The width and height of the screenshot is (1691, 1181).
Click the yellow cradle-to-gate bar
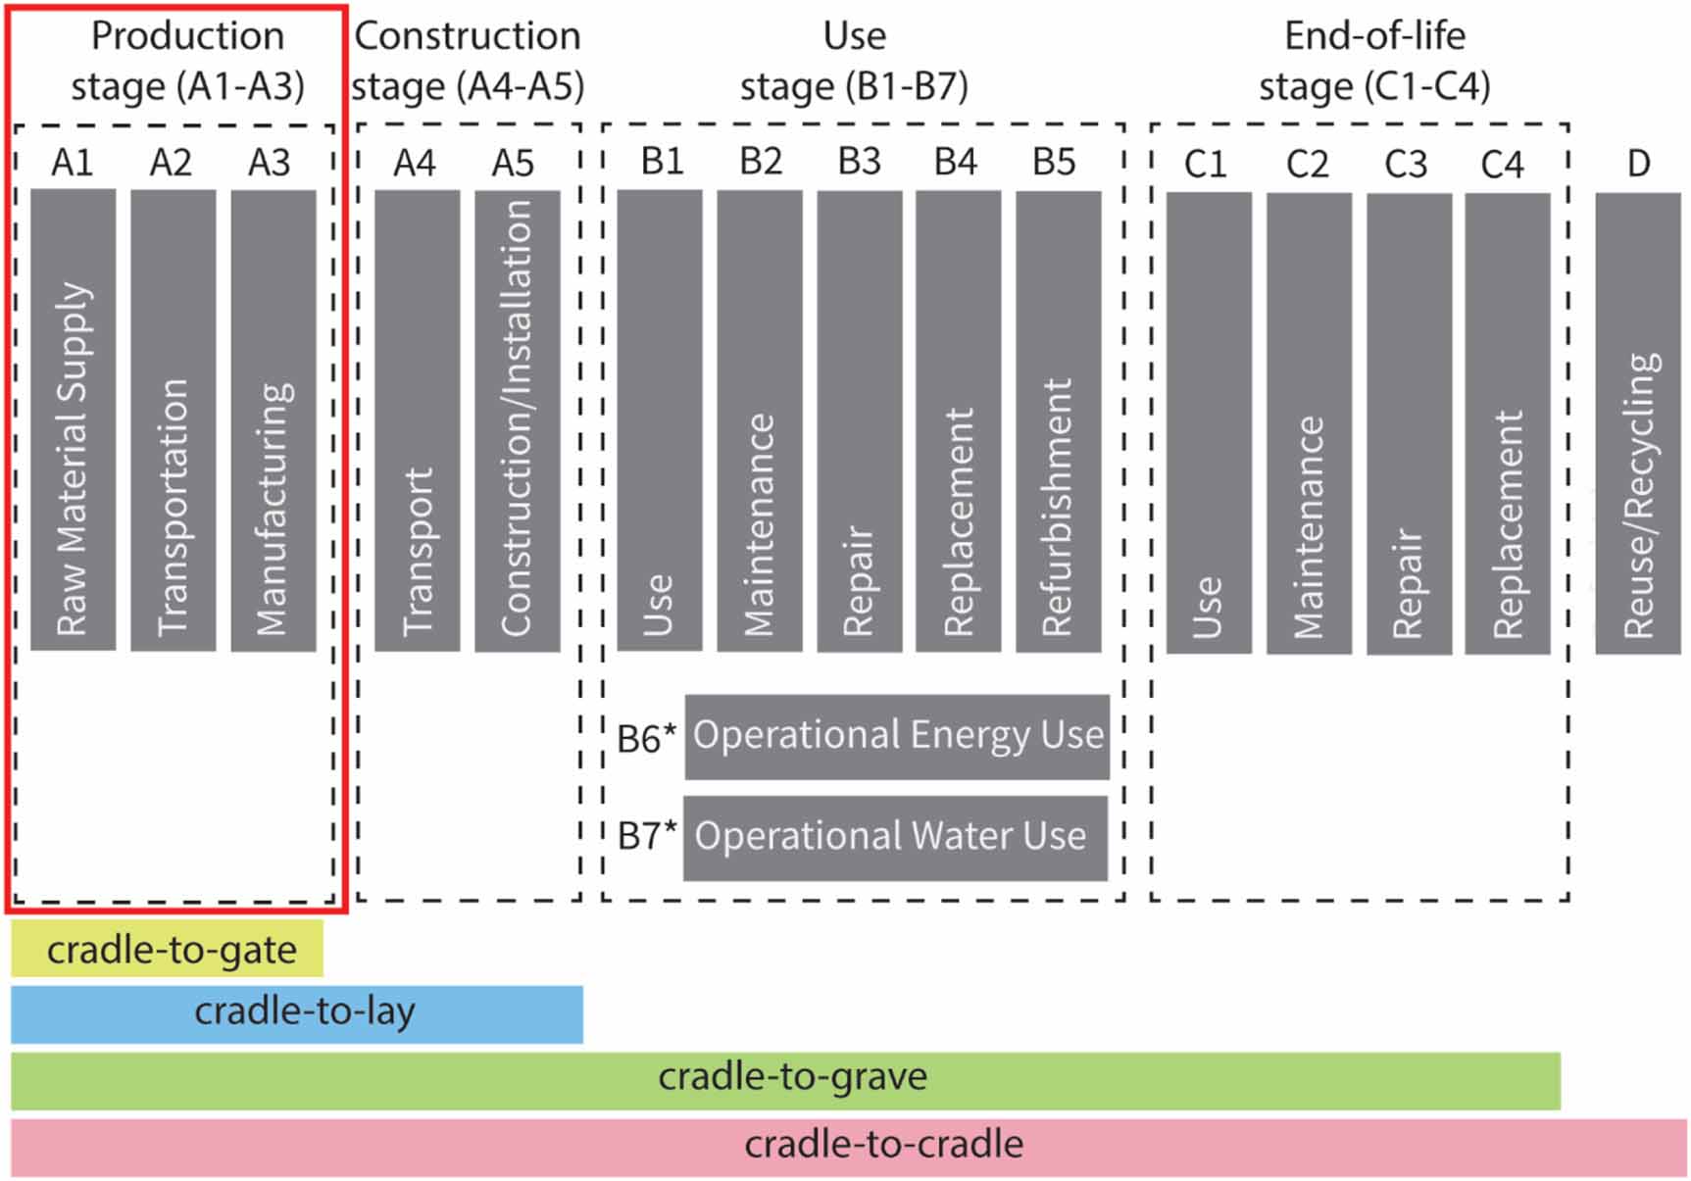click(x=167, y=948)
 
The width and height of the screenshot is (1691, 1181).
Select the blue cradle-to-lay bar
click(x=296, y=1013)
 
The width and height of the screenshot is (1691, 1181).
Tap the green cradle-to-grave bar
click(x=784, y=1080)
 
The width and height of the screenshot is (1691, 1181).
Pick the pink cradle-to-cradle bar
click(x=848, y=1147)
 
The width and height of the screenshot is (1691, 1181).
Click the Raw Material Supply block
click(x=74, y=419)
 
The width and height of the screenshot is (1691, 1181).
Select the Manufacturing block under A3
click(x=273, y=419)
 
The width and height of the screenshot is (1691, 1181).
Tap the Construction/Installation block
click(x=517, y=419)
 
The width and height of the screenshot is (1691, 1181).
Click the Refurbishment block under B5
click(x=1058, y=419)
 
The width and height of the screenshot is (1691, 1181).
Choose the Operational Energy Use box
click(x=897, y=737)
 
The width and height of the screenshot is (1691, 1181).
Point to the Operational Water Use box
click(x=895, y=837)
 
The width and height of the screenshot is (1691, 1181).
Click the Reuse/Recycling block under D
click(x=1637, y=422)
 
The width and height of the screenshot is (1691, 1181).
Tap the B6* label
click(x=646, y=738)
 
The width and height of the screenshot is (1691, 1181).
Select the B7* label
click(x=646, y=836)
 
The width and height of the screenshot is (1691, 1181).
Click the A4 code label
click(x=415, y=163)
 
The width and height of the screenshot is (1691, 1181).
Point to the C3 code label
click(x=1405, y=164)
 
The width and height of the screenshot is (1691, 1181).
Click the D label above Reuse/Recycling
click(x=1638, y=163)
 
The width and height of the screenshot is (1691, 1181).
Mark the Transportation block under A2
click(x=173, y=419)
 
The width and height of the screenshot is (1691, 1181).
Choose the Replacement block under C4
click(x=1507, y=422)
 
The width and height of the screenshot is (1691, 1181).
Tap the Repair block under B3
click(x=859, y=419)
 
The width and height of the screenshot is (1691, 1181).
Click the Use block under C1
click(x=1208, y=422)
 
